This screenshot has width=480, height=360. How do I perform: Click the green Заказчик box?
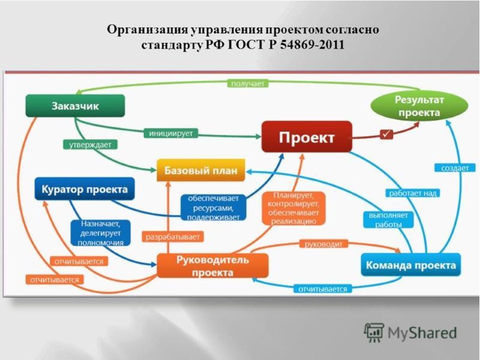click(75, 106)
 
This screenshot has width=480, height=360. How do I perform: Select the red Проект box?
click(307, 137)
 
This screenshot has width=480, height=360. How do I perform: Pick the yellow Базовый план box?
click(201, 170)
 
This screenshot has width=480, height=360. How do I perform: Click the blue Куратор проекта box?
click(85, 189)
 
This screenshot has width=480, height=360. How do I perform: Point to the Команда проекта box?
click(411, 265)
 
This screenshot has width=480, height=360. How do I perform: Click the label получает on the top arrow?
click(247, 83)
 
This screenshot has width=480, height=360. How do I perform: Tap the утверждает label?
click(91, 145)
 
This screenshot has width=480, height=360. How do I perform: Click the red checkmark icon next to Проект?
click(386, 134)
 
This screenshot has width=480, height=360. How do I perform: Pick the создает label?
click(454, 168)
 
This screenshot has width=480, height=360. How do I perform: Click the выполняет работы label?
click(388, 220)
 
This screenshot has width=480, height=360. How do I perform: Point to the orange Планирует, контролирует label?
click(293, 208)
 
